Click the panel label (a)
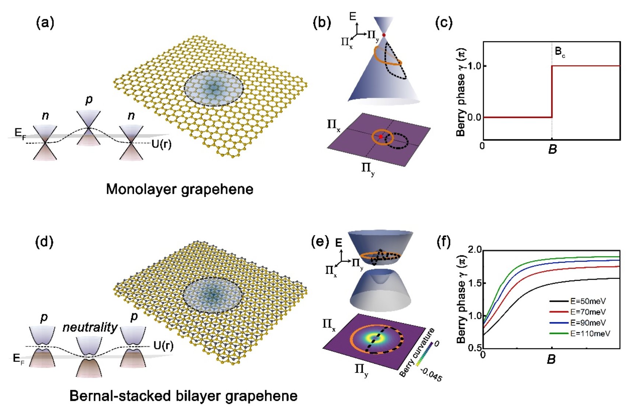[x=45, y=23]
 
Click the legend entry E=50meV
[x=588, y=301]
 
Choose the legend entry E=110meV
[x=590, y=333]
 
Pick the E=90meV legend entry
[x=588, y=323]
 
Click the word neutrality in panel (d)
[x=90, y=327]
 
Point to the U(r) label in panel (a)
[x=161, y=144]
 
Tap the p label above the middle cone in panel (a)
[x=89, y=99]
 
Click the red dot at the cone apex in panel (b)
[x=384, y=35]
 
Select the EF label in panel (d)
[x=19, y=359]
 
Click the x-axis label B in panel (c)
[x=552, y=149]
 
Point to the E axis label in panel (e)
[x=339, y=242]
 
